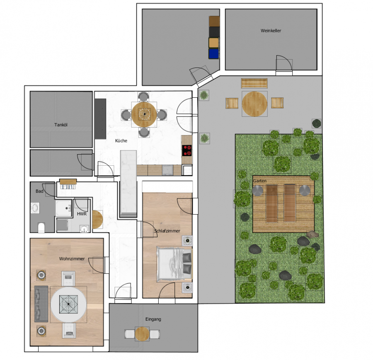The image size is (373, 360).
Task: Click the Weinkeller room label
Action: click(271, 31)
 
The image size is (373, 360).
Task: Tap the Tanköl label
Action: click(61, 125)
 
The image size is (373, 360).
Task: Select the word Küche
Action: click(121, 140)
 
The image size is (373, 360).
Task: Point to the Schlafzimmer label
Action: click(167, 231)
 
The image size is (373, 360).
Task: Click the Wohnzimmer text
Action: click(72, 259)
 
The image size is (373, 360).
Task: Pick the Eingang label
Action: click(153, 319)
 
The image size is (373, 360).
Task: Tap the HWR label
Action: click(82, 214)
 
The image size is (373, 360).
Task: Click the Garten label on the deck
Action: click(260, 181)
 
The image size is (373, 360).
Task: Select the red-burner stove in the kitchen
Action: click(187, 150)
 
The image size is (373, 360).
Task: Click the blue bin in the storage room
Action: click(213, 53)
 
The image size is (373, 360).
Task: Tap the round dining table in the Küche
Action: click(144, 115)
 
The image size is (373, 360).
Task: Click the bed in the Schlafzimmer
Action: click(174, 264)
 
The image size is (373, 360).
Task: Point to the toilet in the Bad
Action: click(41, 227)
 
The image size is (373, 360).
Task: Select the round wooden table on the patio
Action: click(254, 104)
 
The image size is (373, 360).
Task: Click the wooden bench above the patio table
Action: click(254, 83)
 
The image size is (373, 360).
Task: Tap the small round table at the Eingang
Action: click(142, 334)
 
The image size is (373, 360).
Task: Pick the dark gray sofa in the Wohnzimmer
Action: click(41, 304)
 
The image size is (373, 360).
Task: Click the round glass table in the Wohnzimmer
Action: click(68, 304)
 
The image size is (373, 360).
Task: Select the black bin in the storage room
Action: click(214, 32)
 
